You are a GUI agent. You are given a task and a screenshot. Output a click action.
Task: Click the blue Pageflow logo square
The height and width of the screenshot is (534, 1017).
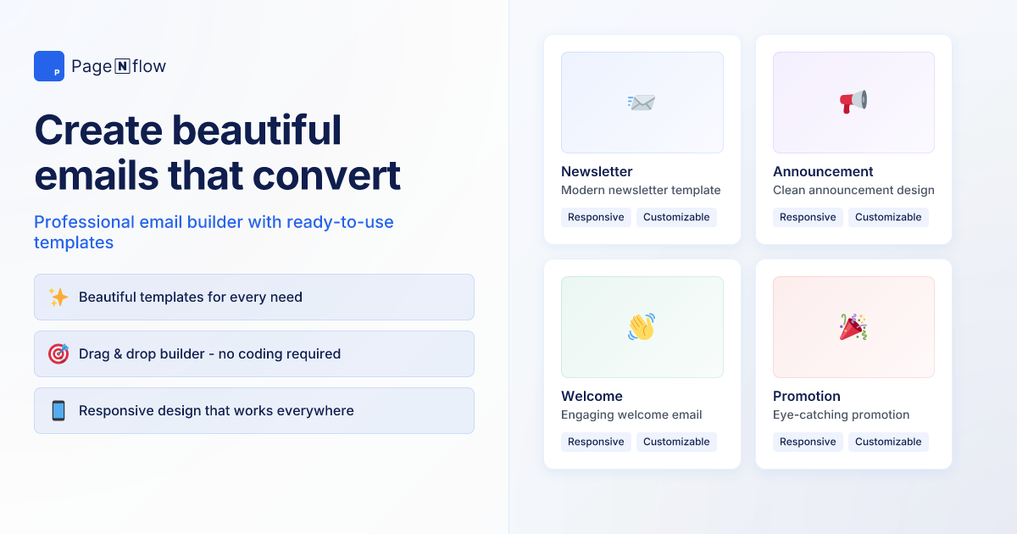tap(49, 66)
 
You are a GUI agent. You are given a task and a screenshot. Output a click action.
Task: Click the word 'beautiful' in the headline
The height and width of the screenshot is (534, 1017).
tap(256, 130)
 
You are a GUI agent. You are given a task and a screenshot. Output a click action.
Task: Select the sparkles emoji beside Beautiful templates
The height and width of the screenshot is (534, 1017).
tap(58, 298)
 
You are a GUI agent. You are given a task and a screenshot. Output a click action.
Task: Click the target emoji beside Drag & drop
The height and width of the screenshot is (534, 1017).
tap(58, 354)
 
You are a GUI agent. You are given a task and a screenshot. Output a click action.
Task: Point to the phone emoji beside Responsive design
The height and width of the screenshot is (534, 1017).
tap(58, 411)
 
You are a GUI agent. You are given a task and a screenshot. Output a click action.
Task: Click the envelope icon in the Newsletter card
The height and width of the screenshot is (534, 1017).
tap(642, 103)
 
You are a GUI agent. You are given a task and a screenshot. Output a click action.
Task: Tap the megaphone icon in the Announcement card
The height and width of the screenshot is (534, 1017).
tap(853, 103)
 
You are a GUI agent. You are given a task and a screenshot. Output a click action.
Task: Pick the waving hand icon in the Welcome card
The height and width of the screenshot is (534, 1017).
tap(642, 327)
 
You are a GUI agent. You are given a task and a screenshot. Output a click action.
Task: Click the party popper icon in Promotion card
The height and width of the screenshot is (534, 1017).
tap(853, 327)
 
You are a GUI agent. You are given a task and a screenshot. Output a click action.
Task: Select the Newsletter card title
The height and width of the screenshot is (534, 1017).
tap(597, 171)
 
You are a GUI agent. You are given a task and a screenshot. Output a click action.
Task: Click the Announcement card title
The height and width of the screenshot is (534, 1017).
tap(823, 171)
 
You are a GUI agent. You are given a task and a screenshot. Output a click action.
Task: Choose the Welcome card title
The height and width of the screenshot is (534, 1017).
tap(592, 396)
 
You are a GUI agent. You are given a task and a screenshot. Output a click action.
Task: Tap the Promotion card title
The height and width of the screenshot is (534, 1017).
tap(807, 396)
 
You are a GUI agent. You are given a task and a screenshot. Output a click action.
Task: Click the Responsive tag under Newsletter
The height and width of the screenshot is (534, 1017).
tap(596, 217)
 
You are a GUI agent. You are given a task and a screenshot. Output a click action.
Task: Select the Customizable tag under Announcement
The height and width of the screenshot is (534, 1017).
tap(888, 217)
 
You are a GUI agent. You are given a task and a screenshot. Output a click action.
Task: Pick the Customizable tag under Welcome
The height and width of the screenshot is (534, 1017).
tap(676, 442)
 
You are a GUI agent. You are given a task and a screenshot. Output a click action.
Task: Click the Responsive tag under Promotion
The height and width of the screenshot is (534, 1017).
tap(808, 442)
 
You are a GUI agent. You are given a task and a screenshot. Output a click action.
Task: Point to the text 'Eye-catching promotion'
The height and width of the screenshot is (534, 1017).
tap(841, 414)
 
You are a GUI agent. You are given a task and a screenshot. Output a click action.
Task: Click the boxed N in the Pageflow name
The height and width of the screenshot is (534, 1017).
tap(122, 66)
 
